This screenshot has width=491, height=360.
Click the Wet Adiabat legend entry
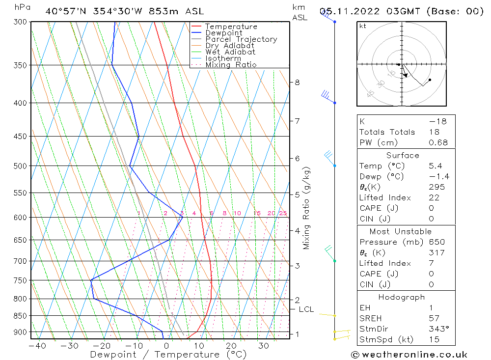point(230,52)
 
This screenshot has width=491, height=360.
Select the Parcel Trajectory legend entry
point(241,39)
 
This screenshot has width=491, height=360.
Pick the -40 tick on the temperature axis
point(37,346)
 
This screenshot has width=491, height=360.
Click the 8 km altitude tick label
point(297,83)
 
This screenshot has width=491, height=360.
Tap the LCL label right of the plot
point(306,309)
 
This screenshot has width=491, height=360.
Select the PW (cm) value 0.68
point(438,143)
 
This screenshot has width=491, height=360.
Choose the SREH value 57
point(434,318)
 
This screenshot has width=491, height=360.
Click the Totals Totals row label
point(387,132)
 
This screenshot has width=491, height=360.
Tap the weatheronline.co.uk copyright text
point(409,355)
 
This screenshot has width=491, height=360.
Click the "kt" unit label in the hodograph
point(363,26)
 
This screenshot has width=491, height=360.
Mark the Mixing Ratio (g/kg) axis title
point(307,208)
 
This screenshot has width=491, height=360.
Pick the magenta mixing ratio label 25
point(283,213)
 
